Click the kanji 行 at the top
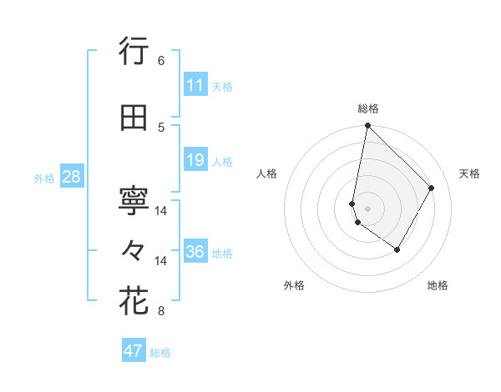pyautogui.click(x=134, y=52)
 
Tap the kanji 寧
pyautogui.click(x=134, y=200)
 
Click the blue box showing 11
pyautogui.click(x=195, y=85)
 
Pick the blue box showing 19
pyautogui.click(x=195, y=160)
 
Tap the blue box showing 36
pyautogui.click(x=195, y=252)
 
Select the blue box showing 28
pyautogui.click(x=71, y=177)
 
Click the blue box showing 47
pyautogui.click(x=134, y=351)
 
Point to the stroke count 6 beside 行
pyautogui.click(x=161, y=61)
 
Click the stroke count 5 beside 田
pyautogui.click(x=161, y=127)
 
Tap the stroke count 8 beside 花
pyautogui.click(x=161, y=312)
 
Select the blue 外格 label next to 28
pyautogui.click(x=44, y=178)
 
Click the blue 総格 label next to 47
pyautogui.click(x=160, y=353)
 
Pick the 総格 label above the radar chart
pyautogui.click(x=368, y=108)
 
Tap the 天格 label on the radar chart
pyautogui.click(x=469, y=173)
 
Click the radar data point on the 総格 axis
pyautogui.click(x=367, y=126)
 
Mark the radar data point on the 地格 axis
pyautogui.click(x=397, y=249)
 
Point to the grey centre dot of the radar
pyautogui.click(x=367, y=208)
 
